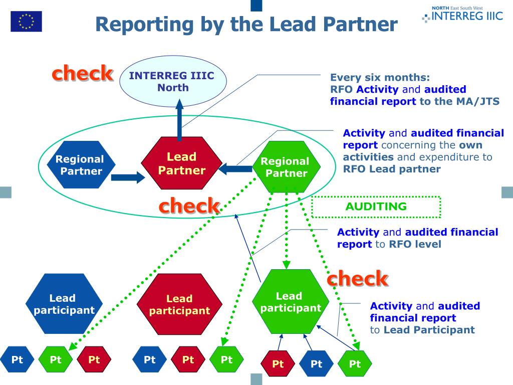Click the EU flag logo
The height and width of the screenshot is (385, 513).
(26, 22)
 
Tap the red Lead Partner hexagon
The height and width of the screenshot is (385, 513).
(181, 164)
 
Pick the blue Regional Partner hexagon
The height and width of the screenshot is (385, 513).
(80, 164)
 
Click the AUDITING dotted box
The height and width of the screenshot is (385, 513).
(376, 207)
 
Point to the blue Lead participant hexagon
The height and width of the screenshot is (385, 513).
(64, 304)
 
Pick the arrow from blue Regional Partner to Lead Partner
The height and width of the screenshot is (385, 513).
(127, 177)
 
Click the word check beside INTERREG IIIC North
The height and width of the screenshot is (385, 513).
(82, 73)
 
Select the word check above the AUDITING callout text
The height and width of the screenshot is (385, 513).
(357, 278)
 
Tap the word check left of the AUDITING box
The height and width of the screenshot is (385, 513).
(189, 206)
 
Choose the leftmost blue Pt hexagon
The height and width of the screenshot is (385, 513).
(17, 359)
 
